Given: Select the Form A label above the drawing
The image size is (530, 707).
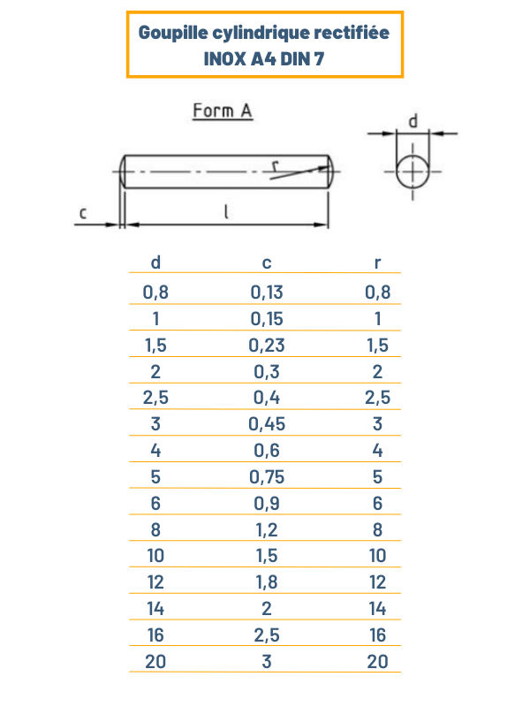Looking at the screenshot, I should [x=223, y=110].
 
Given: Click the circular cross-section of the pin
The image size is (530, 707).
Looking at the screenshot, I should [x=413, y=171].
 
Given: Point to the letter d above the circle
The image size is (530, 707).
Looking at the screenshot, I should [x=412, y=119].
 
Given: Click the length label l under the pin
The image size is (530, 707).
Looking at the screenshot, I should [x=227, y=212].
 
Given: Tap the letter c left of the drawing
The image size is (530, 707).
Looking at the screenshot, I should [x=83, y=213].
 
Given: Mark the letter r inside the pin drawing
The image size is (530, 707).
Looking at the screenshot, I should [x=276, y=164].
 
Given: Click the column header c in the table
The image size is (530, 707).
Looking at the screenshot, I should [x=267, y=262].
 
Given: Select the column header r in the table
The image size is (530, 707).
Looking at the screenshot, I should [x=377, y=262].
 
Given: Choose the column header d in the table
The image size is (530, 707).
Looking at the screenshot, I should [x=155, y=262].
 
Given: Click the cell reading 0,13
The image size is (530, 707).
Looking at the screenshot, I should [x=267, y=292].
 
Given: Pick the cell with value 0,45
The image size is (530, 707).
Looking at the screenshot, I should [x=267, y=423].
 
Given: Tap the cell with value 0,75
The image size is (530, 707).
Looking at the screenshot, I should [x=267, y=476].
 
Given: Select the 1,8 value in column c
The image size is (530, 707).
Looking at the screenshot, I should [x=267, y=582].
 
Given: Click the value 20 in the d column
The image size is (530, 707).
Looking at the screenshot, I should [x=155, y=661].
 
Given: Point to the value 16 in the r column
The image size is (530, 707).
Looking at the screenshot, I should [x=377, y=635].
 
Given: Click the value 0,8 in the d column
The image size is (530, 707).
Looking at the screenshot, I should [x=155, y=292].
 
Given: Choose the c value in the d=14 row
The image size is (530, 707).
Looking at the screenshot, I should [x=267, y=608].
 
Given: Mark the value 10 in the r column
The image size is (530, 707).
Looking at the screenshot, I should [x=377, y=555].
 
